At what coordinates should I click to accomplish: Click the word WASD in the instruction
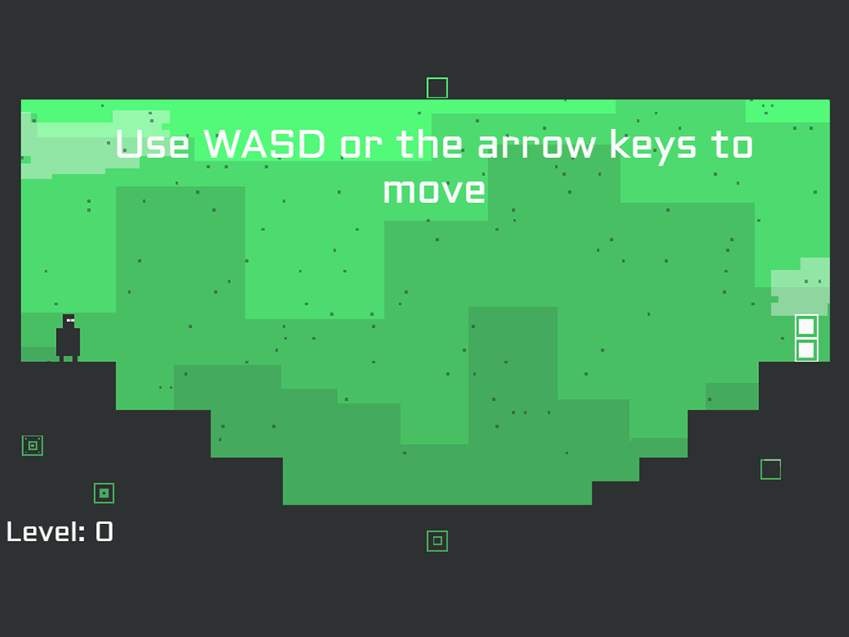(265, 144)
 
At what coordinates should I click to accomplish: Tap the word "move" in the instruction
(434, 190)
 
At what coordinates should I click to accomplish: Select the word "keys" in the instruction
(653, 146)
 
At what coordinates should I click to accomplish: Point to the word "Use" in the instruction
(152, 144)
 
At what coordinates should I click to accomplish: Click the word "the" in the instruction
(430, 144)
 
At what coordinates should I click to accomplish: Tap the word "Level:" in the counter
(46, 532)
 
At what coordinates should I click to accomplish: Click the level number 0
(104, 532)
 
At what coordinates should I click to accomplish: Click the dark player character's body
(68, 341)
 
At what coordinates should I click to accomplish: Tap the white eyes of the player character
(70, 321)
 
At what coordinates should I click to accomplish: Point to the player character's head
(69, 321)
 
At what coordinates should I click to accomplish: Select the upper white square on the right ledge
(807, 327)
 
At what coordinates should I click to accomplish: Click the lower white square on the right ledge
(807, 350)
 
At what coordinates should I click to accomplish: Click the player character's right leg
(75, 358)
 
